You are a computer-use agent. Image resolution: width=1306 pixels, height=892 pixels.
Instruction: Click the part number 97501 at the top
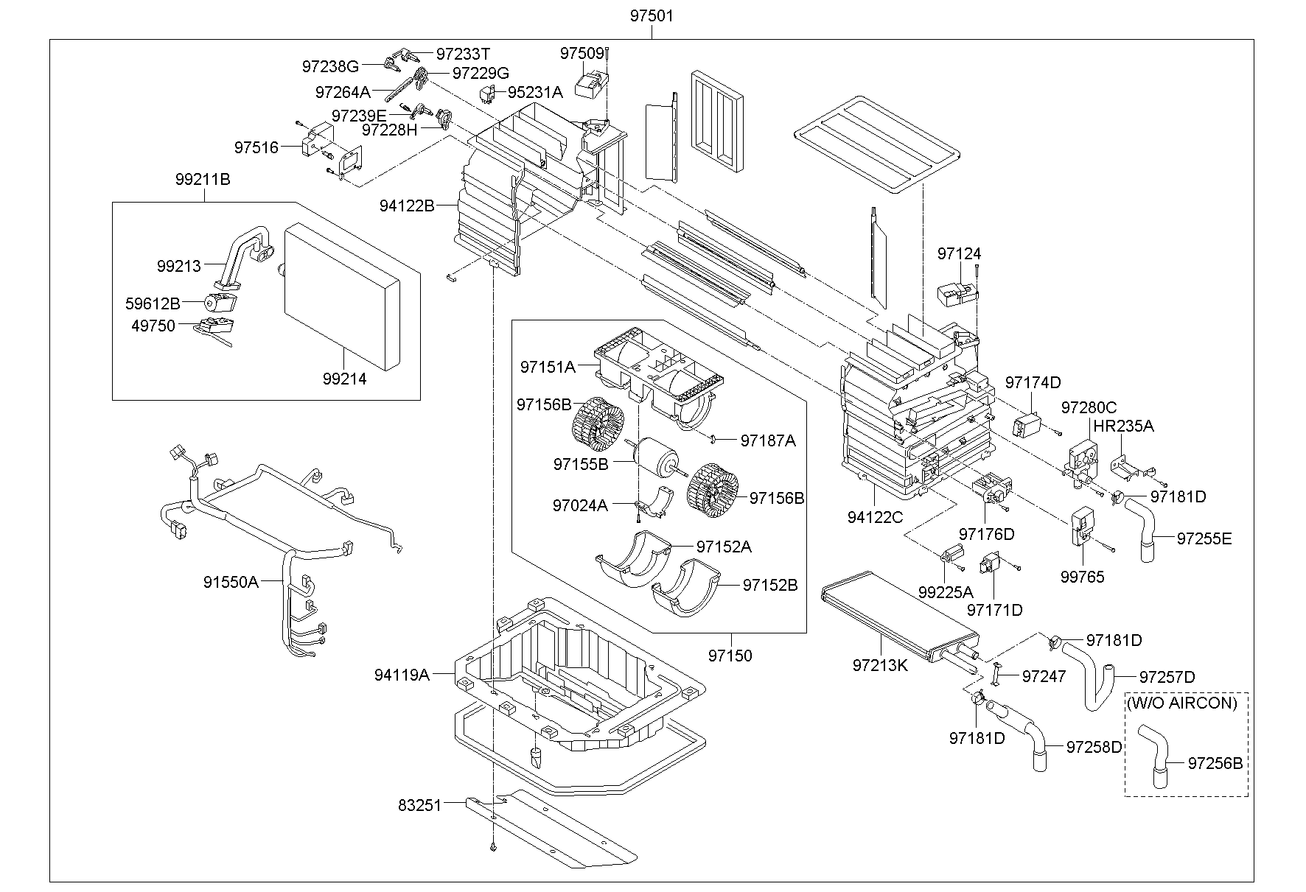[x=651, y=15]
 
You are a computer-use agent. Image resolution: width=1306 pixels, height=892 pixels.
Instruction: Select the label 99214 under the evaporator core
[x=344, y=379]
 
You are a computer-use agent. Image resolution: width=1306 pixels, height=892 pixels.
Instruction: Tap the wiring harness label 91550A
[x=231, y=582]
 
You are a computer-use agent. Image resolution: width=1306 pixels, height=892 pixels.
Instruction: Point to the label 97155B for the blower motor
[x=581, y=465]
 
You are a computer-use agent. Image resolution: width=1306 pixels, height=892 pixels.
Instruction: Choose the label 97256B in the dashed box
[x=1215, y=764]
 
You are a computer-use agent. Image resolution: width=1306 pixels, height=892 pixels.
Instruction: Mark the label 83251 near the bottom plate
[x=419, y=806]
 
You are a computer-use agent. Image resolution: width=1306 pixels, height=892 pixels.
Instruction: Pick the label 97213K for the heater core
[x=880, y=665]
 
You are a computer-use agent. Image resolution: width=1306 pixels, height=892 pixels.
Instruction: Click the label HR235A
[x=1123, y=426]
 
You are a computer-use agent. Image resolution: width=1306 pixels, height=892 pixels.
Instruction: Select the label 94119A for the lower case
[x=401, y=674]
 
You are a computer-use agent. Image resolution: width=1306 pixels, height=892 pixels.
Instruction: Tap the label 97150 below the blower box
[x=730, y=655]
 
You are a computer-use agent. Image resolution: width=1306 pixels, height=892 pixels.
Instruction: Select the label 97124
[x=959, y=253]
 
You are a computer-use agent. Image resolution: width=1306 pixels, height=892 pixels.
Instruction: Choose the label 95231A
[x=534, y=92]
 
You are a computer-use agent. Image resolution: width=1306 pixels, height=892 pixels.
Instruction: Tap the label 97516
[x=256, y=147]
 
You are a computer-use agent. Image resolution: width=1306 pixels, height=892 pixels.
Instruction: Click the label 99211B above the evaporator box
[x=203, y=179]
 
